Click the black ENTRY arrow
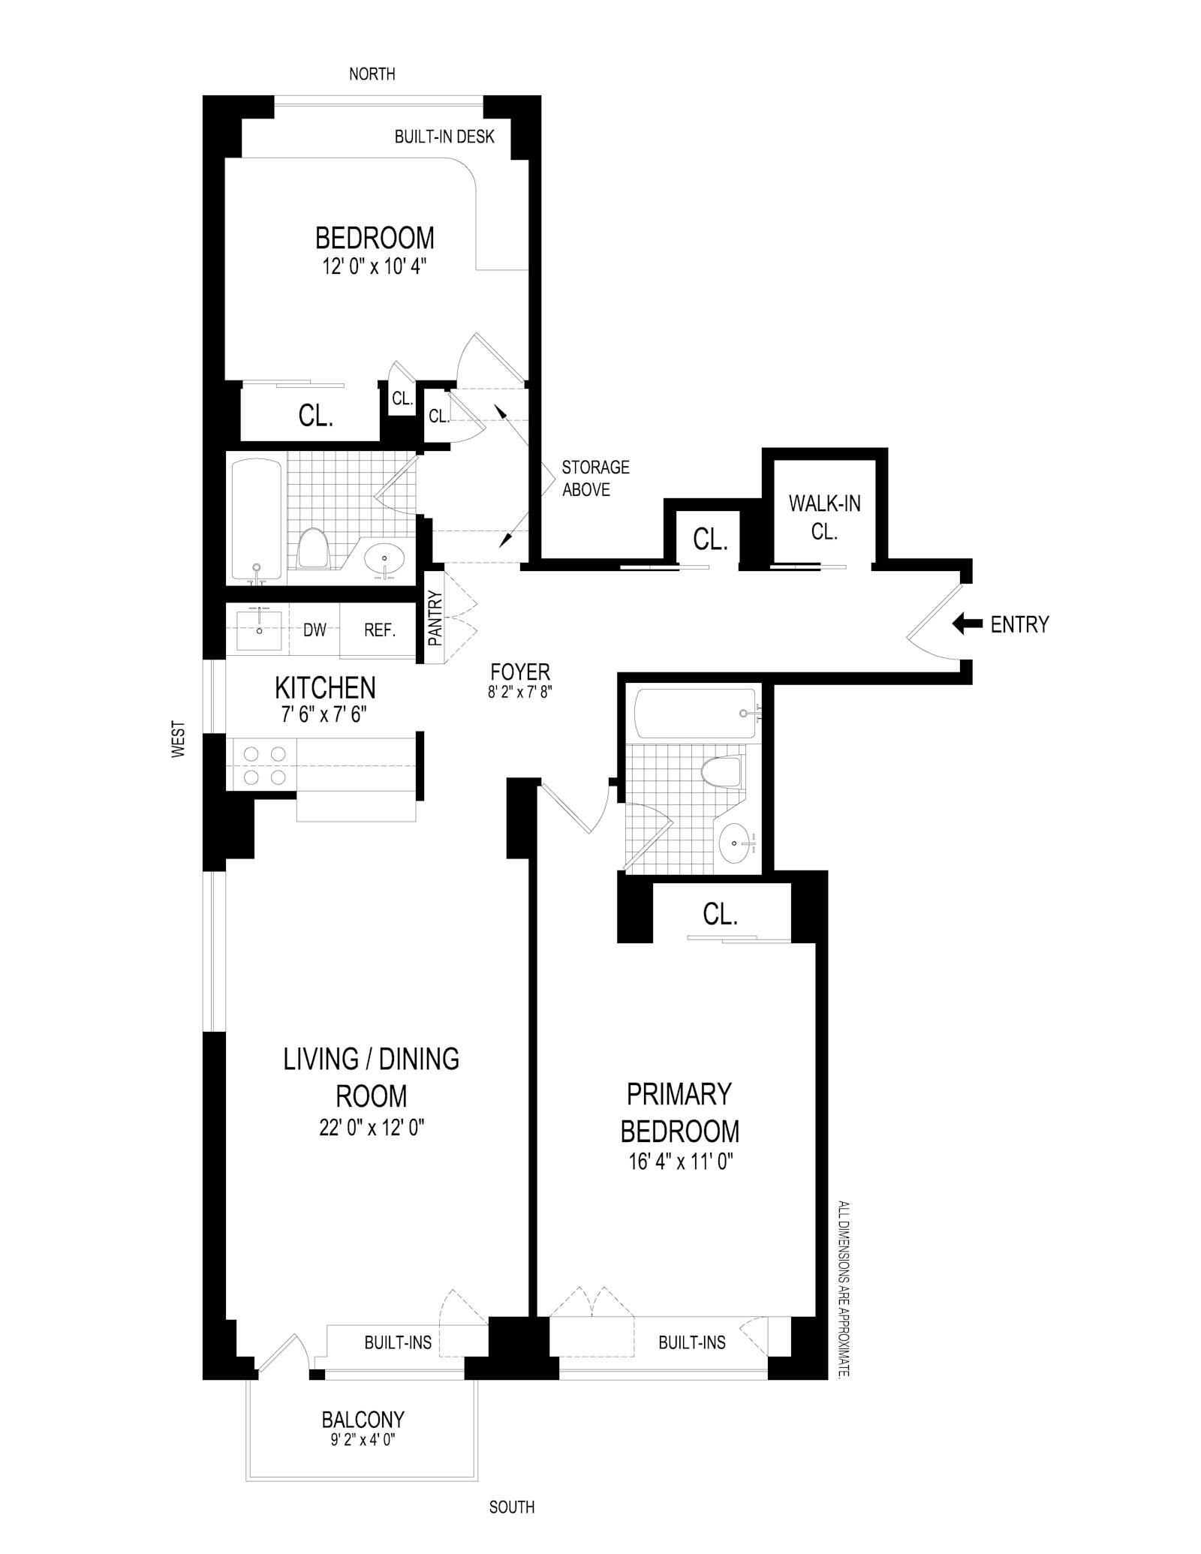(x=967, y=624)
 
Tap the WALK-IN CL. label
(x=824, y=516)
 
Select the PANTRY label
(x=435, y=618)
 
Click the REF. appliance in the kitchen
(x=379, y=630)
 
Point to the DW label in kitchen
(x=315, y=630)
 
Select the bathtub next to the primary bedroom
(x=694, y=714)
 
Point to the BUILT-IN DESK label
(x=444, y=137)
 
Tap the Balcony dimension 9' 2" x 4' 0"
(x=363, y=1440)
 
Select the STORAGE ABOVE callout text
(x=595, y=478)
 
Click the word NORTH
(x=372, y=74)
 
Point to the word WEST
(x=178, y=739)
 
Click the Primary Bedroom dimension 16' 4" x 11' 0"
(x=679, y=1162)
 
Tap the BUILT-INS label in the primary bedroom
(x=691, y=1342)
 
